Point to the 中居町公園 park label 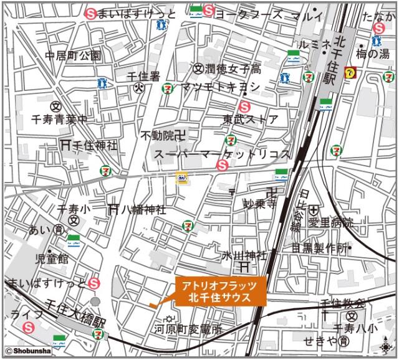pyautogui.click(x=73, y=55)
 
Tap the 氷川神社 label pyautogui.click(x=245, y=255)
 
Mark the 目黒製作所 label pyautogui.click(x=319, y=247)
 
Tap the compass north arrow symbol pyautogui.click(x=387, y=346)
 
